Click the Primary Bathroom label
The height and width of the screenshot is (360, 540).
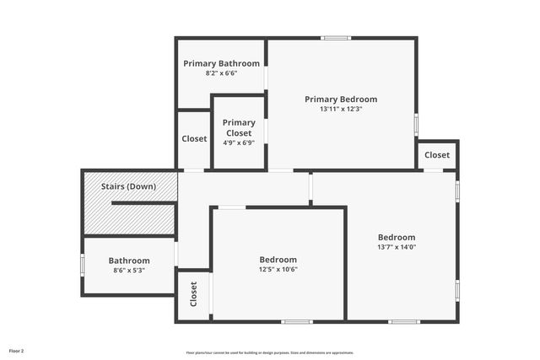tap(222, 63)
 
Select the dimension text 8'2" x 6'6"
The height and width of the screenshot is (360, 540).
tap(222, 73)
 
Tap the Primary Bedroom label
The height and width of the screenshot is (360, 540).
tap(341, 99)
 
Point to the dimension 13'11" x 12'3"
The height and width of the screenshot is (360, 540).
tap(341, 109)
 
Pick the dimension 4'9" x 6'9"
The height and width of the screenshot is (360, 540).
tap(239, 142)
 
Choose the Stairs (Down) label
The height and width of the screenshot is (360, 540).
tap(128, 186)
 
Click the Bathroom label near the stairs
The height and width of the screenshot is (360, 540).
tap(129, 261)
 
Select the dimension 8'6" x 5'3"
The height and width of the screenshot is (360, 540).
tap(129, 271)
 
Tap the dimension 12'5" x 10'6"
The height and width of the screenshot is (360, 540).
tap(278, 270)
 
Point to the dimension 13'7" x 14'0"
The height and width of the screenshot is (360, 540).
tap(397, 247)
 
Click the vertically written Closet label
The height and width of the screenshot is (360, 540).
tap(193, 294)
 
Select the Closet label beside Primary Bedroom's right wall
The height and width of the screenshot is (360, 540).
tap(437, 155)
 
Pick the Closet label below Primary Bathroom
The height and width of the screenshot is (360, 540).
tap(194, 139)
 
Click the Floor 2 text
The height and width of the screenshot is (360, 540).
tap(17, 350)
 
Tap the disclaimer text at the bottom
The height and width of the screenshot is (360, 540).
tap(269, 352)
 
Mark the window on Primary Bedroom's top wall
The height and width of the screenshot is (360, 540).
tap(337, 38)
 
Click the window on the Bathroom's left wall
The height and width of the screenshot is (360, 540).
tap(83, 265)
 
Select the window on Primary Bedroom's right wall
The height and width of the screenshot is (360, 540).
tap(416, 124)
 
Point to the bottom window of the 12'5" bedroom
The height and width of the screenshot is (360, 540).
tap(297, 321)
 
